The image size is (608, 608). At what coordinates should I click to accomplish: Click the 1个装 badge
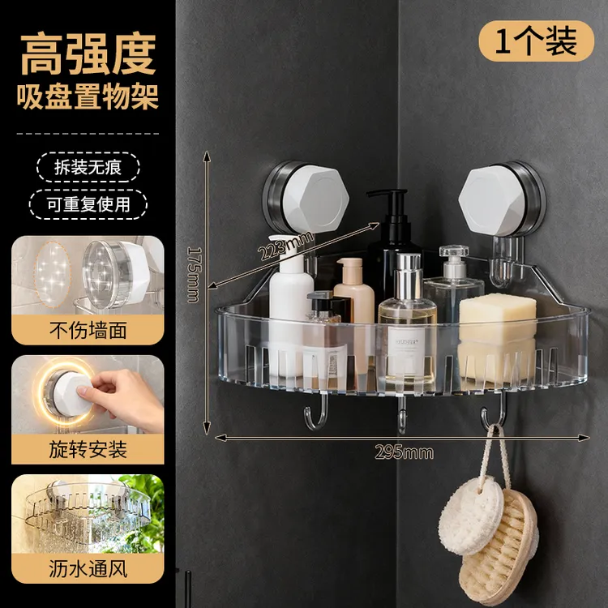tap(537, 41)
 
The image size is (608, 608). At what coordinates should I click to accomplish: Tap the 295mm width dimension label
tap(404, 452)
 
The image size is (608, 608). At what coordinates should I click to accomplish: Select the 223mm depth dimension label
tap(286, 246)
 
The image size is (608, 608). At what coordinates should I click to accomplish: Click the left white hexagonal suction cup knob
tap(315, 199)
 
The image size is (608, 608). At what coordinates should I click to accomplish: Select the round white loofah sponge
tap(471, 516)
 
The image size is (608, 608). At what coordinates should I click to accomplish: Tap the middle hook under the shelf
tap(402, 414)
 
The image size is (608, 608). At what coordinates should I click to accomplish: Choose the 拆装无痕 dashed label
tap(88, 168)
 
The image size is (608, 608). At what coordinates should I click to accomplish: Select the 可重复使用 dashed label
tap(88, 204)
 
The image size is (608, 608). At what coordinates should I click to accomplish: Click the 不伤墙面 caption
tap(88, 331)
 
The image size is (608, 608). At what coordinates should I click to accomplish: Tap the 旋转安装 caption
tap(88, 449)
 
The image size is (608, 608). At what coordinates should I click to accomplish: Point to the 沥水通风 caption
tap(88, 569)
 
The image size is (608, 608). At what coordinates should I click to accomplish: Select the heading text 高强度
tap(88, 54)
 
